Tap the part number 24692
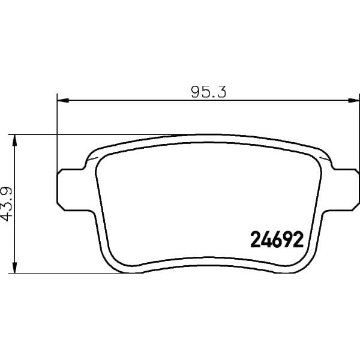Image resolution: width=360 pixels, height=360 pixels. pyautogui.click(x=274, y=241)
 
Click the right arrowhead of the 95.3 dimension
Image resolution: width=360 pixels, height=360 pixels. pyautogui.click(x=354, y=98)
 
